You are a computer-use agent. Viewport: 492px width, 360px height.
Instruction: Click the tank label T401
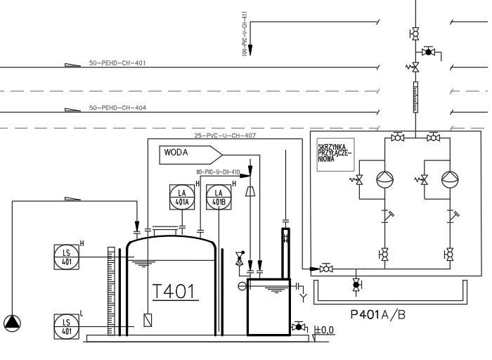(x=175, y=291)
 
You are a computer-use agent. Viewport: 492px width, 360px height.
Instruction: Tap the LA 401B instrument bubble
(x=219, y=198)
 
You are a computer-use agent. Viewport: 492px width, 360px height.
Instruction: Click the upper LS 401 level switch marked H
(x=67, y=257)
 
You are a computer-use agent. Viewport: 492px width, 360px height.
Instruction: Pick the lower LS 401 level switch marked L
(x=67, y=326)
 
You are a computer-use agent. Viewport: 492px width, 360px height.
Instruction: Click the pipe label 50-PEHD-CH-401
(x=117, y=63)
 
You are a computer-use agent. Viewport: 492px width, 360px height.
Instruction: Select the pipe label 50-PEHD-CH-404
(x=117, y=108)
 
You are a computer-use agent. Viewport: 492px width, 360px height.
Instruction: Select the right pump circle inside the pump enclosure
(x=448, y=179)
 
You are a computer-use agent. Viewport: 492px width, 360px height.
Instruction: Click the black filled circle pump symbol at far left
(x=12, y=323)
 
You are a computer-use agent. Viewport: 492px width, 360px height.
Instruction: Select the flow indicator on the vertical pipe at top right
(x=413, y=91)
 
